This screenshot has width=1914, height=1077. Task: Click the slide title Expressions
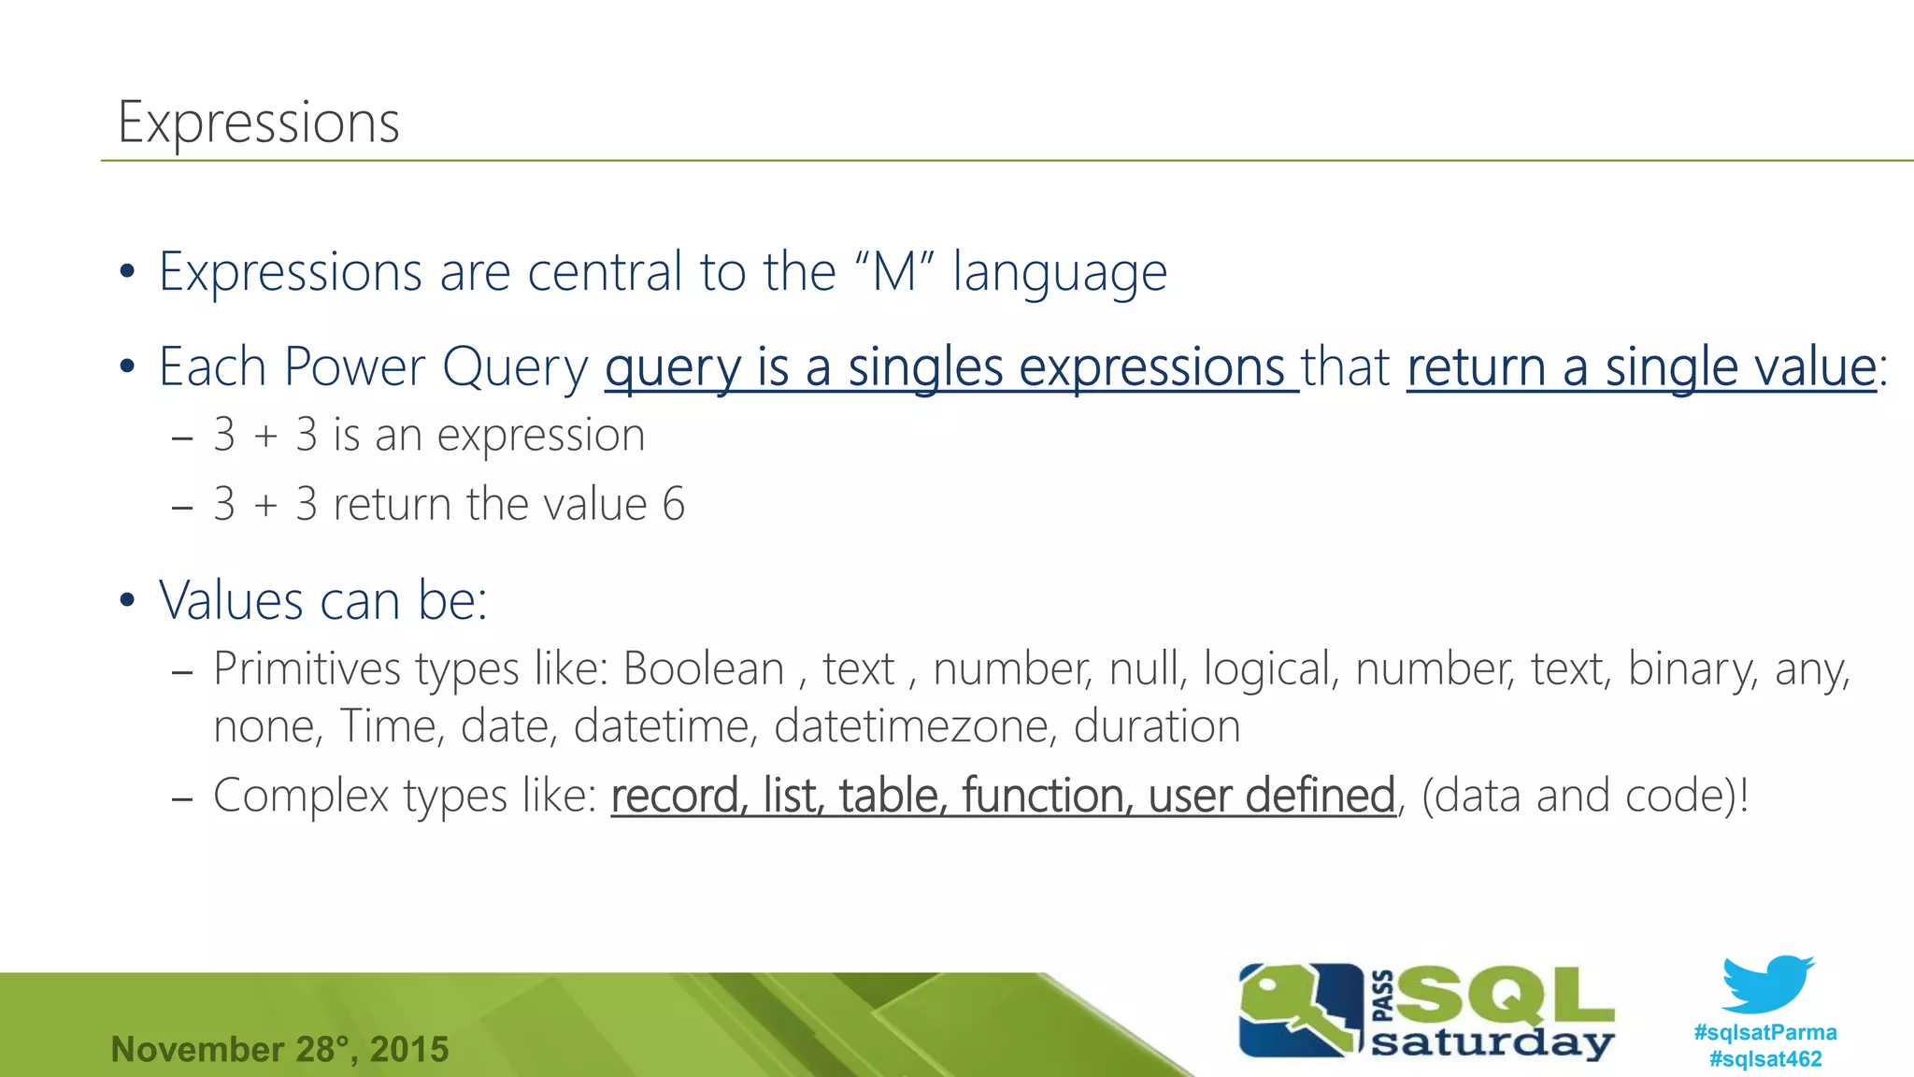pyautogui.click(x=259, y=122)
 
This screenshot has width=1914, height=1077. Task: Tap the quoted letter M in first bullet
pyautogui.click(x=893, y=272)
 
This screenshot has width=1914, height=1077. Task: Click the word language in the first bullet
pyautogui.click(x=1059, y=274)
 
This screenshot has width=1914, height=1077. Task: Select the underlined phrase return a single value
pyautogui.click(x=1641, y=367)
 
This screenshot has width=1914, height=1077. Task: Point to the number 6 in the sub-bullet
pyautogui.click(x=674, y=505)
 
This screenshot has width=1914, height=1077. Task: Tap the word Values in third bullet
pyautogui.click(x=231, y=600)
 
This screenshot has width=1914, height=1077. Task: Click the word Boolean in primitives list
pyautogui.click(x=704, y=669)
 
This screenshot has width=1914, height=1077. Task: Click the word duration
pyautogui.click(x=1156, y=726)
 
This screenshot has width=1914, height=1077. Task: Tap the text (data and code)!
pyautogui.click(x=1584, y=796)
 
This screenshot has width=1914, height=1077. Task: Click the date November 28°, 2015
pyautogui.click(x=279, y=1049)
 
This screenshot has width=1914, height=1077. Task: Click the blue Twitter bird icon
pyautogui.click(x=1766, y=984)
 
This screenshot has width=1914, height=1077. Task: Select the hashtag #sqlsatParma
pyautogui.click(x=1764, y=1032)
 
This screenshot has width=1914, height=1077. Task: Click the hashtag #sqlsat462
pyautogui.click(x=1764, y=1058)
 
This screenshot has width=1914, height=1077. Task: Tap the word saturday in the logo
pyautogui.click(x=1492, y=1042)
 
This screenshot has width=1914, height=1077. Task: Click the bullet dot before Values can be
pyautogui.click(x=128, y=600)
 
